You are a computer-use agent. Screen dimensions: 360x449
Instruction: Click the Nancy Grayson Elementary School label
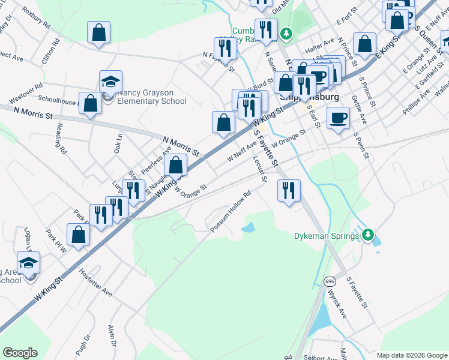152,97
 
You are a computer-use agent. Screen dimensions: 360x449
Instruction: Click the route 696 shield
330,281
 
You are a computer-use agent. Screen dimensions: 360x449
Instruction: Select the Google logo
20,353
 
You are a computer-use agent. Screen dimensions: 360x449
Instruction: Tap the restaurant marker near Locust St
289,191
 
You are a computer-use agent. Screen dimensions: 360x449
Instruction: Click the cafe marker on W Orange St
339,118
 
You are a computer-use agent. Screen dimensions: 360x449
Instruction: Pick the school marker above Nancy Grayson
110,81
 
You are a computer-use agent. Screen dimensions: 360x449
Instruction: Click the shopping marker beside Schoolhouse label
90,103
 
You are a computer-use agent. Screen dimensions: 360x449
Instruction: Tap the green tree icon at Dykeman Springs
370,235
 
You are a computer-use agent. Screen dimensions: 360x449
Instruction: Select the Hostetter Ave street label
95,283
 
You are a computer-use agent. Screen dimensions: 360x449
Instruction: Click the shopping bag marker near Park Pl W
78,235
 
